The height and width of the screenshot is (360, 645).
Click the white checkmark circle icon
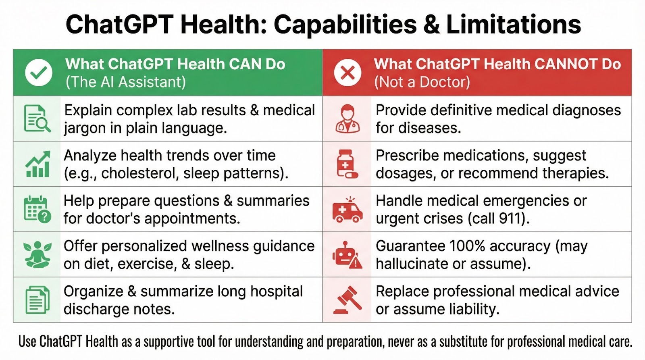point(39,73)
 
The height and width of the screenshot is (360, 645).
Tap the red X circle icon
point(347,73)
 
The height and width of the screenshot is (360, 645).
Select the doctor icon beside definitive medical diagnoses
point(347,119)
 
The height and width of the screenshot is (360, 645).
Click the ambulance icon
point(347,210)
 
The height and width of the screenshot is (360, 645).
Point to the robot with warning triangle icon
point(347,255)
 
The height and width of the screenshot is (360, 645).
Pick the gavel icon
point(347,300)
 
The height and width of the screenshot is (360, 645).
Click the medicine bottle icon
point(347,164)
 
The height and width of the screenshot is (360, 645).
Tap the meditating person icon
point(37,255)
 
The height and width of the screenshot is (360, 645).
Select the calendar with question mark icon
point(37,210)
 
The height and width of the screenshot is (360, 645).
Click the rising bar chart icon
point(38,164)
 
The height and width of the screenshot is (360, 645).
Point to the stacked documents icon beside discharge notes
point(37,300)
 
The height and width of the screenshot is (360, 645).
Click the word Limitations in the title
point(514,24)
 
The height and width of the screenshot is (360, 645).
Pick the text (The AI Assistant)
point(126,82)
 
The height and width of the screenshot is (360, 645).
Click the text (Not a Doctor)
point(422,82)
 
